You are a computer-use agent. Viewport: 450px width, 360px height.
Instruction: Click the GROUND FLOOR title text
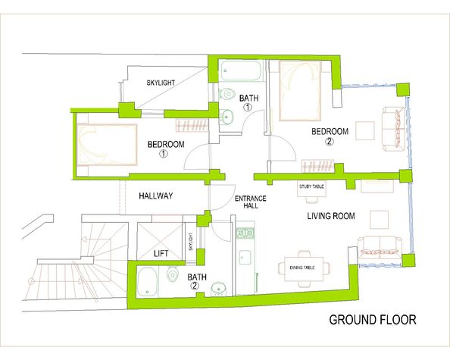[x=373, y=320]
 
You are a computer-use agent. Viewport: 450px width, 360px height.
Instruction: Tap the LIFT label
[x=161, y=253]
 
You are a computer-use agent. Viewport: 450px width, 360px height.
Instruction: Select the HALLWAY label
[x=156, y=196]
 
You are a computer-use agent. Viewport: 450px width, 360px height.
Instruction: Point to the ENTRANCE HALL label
[x=251, y=202]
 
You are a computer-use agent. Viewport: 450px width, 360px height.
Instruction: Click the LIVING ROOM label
[x=331, y=216]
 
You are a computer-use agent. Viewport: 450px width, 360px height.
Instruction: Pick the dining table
[x=303, y=269]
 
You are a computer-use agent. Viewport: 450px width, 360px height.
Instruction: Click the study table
[x=311, y=189]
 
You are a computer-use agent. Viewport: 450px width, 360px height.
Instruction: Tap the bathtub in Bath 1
[x=240, y=70]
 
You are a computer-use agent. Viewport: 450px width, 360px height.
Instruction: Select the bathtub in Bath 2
[x=147, y=282]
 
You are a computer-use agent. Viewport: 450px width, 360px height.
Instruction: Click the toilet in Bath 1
[x=227, y=93]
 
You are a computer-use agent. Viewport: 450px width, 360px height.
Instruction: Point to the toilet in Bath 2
[x=173, y=274]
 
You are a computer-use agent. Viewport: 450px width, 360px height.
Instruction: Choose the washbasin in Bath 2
[x=219, y=289]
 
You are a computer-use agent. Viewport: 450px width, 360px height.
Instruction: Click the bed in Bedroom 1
[x=107, y=145]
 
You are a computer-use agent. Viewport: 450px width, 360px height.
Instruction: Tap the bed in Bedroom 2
[x=300, y=91]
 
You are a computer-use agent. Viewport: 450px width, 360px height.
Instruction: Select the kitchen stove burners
[x=245, y=233]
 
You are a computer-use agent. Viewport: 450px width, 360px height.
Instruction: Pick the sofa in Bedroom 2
[x=394, y=129]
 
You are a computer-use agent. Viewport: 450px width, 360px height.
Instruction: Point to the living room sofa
[x=380, y=248]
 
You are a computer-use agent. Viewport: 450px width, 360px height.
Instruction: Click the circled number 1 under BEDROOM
[x=164, y=154]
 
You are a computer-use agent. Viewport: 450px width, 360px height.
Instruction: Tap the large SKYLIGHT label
[x=161, y=83]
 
